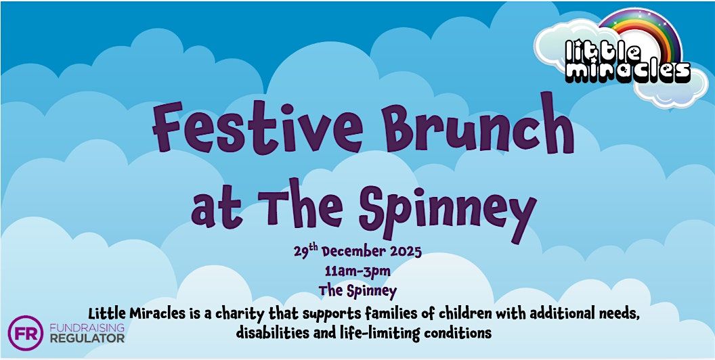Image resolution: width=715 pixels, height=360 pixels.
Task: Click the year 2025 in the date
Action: pos(404,252)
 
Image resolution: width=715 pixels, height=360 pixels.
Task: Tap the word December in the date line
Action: pos(353,252)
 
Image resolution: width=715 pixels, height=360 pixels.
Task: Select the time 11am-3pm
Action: pos(357,271)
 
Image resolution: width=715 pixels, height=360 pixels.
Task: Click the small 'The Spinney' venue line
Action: pos(357,290)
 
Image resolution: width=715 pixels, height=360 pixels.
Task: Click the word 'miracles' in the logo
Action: pos(628,72)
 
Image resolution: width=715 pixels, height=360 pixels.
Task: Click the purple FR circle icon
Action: pos(26,333)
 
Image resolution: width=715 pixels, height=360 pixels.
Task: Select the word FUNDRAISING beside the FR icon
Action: pos(87,328)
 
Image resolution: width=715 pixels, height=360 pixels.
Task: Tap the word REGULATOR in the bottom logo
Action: pos(87,338)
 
